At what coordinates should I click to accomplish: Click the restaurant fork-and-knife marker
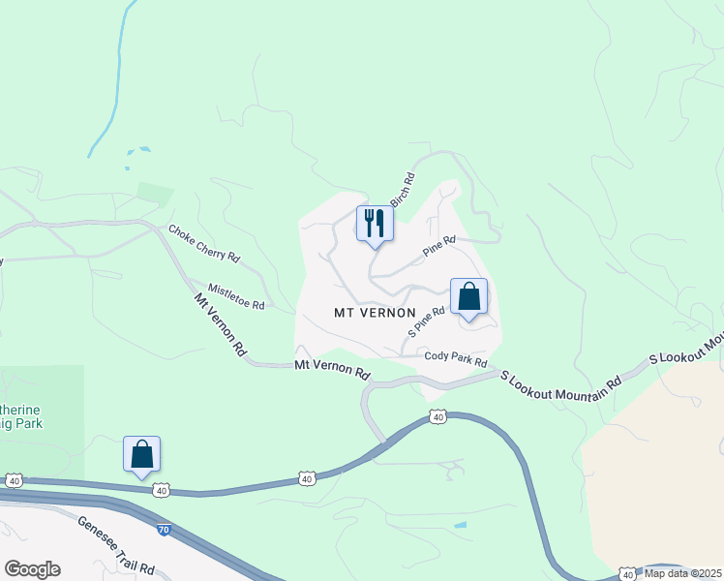coord(375,224)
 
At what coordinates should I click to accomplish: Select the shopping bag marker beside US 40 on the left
coord(141,454)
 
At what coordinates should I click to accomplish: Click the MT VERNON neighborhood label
coord(375,313)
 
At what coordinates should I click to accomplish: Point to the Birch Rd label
coord(403,190)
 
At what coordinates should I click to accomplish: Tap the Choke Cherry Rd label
coord(203,243)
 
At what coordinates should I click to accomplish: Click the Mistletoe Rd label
coord(236,297)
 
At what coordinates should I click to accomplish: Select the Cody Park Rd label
coord(455,358)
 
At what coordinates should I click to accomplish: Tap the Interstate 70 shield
coord(164,531)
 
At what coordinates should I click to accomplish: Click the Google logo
coord(32,569)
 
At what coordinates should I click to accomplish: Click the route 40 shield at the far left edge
coord(14,480)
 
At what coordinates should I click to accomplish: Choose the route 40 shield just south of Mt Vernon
coord(437,417)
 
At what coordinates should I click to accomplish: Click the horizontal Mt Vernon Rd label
coord(332,370)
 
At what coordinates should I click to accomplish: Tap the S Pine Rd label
coord(426,321)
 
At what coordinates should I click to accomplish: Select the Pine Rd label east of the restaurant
coord(438,246)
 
